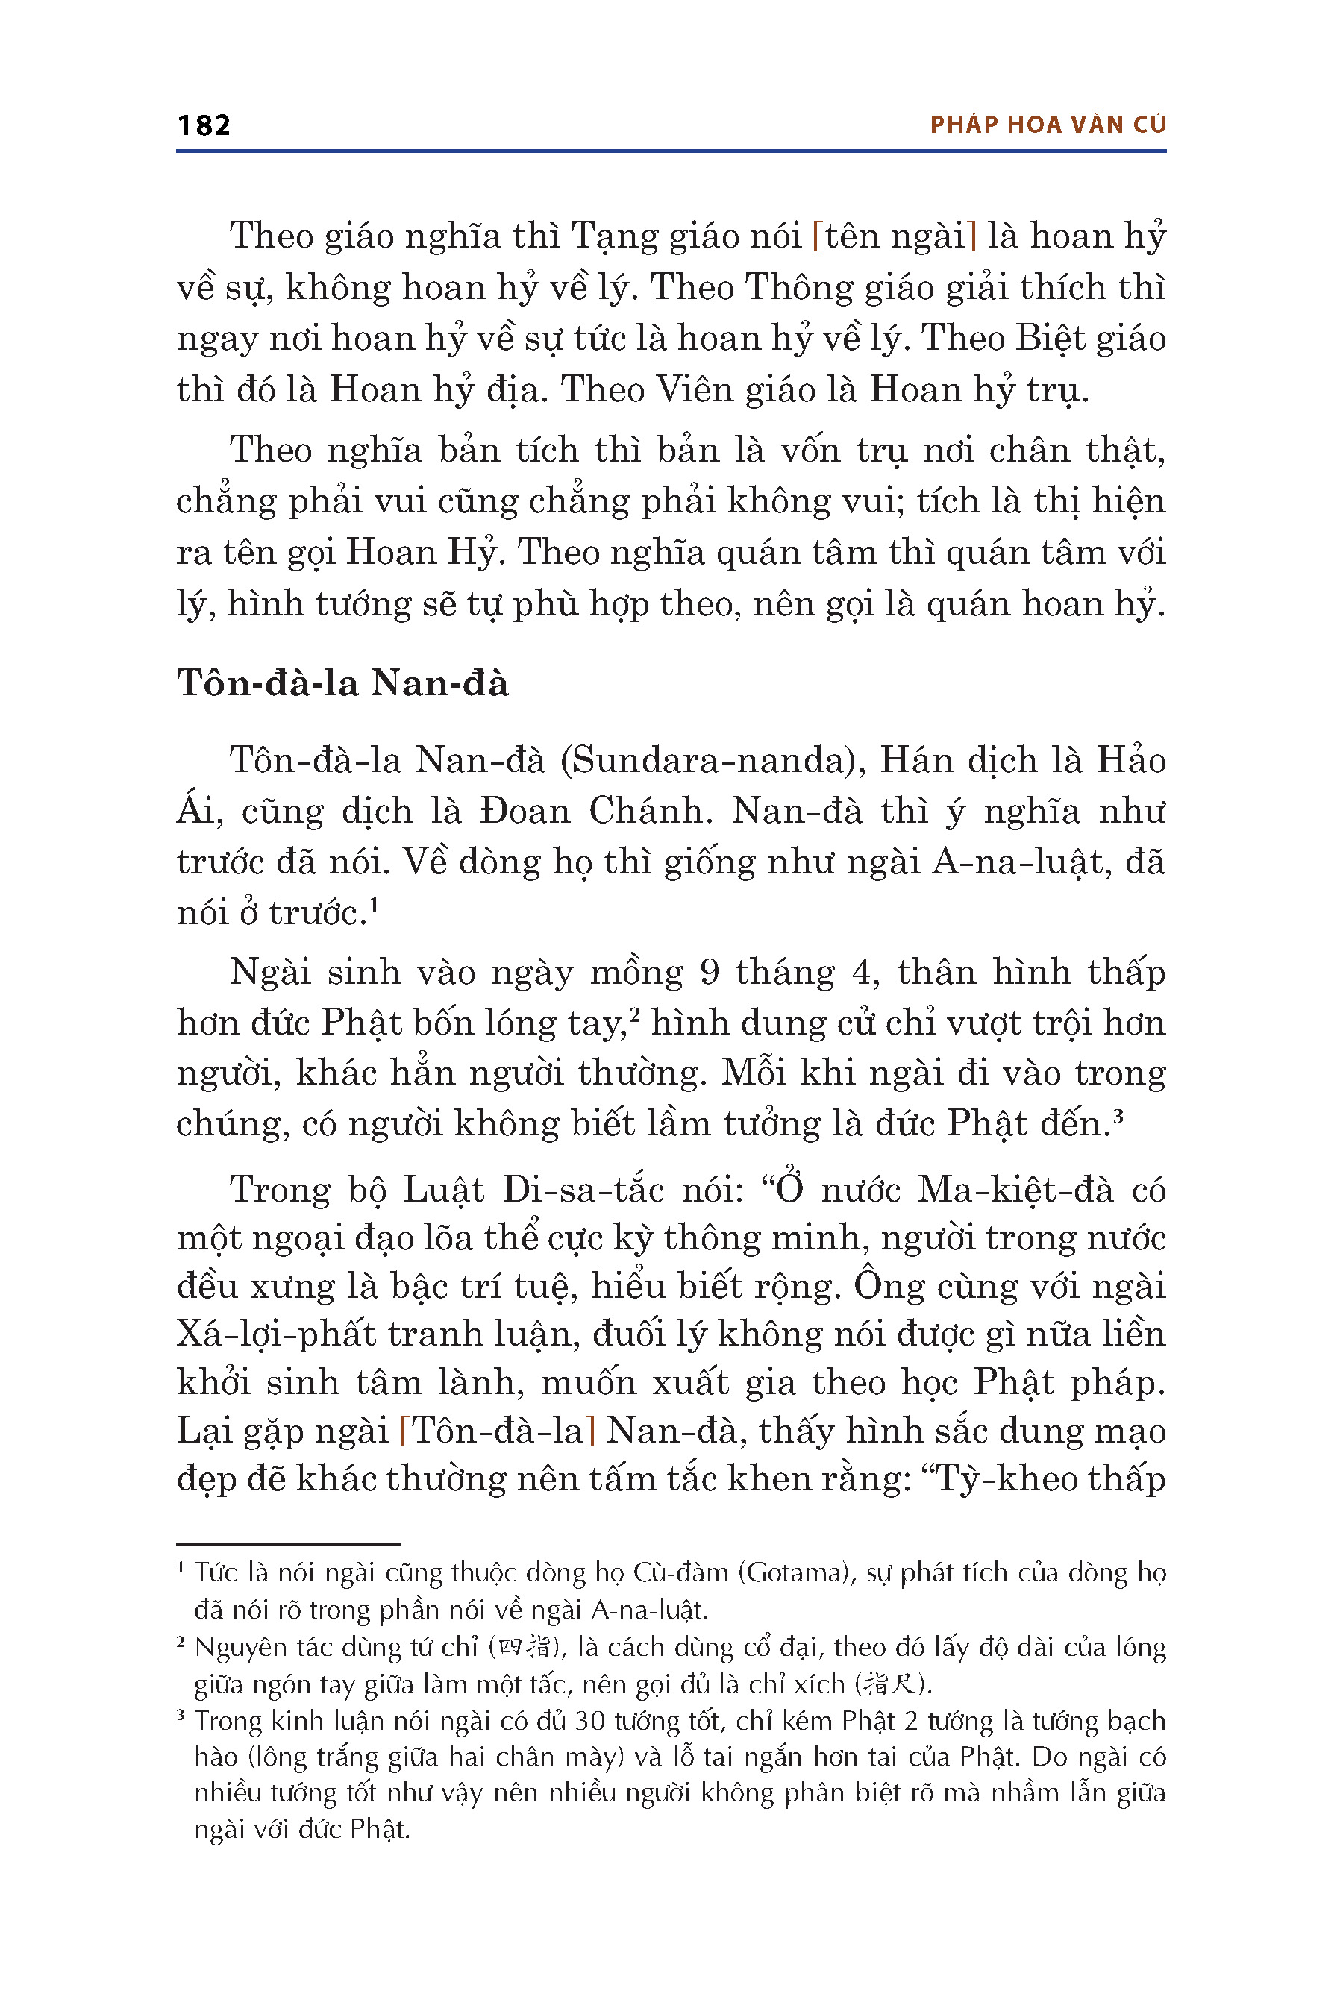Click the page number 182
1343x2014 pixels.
coord(204,125)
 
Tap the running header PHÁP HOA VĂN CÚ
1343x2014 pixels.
coord(1048,125)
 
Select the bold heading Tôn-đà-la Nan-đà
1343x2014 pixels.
coord(342,683)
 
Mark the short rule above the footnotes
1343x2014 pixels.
coord(289,1543)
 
